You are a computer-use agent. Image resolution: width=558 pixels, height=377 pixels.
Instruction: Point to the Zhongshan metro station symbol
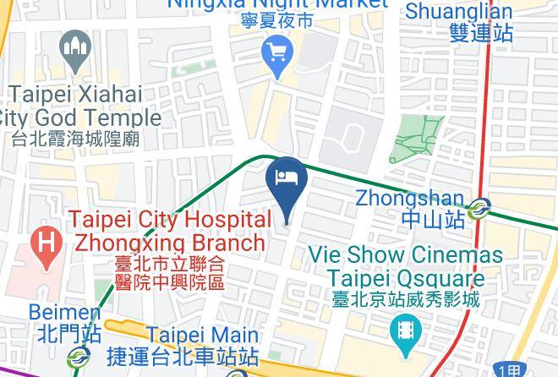click(x=480, y=205)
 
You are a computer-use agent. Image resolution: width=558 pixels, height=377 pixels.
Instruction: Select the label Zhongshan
click(x=409, y=198)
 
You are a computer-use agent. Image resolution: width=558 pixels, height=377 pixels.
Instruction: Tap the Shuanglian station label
click(x=459, y=11)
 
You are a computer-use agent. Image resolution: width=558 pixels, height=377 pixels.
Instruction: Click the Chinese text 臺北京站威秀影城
click(x=406, y=298)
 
